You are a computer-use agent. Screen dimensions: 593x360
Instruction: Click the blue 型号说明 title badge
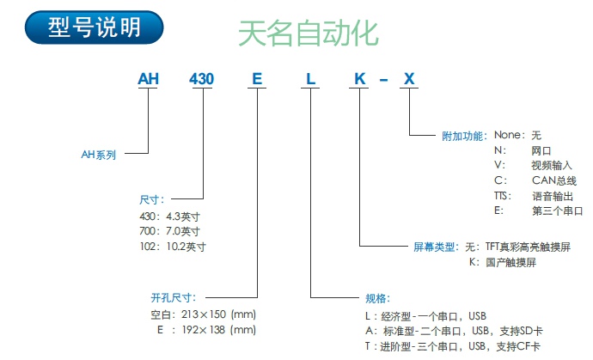(95, 28)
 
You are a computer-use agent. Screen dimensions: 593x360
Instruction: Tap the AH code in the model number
(150, 80)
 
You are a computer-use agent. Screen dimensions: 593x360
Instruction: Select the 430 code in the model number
(202, 80)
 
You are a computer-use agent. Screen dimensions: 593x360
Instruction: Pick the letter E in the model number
(256, 80)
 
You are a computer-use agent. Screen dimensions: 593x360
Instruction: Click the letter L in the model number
(310, 80)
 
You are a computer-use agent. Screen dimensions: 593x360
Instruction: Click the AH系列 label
(98, 155)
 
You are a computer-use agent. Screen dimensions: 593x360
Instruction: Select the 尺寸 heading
(151, 199)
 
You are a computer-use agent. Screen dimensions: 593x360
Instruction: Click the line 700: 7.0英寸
(169, 230)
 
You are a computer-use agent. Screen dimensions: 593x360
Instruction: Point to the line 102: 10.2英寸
(172, 246)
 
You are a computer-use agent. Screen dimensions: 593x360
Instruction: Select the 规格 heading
(377, 298)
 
